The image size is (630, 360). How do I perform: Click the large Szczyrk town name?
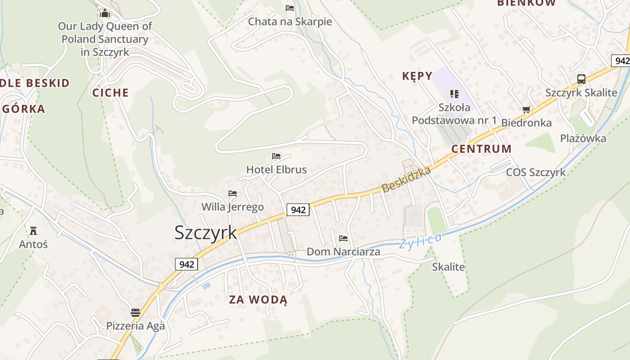pos(205,232)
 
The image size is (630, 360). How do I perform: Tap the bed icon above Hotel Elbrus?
pos(276,156)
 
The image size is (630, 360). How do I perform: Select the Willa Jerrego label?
pos(232,207)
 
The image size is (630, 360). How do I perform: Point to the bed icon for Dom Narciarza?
pos(343,238)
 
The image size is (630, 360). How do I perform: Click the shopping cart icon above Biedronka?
pos(526,109)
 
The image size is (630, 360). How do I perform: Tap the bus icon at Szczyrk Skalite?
pos(581,79)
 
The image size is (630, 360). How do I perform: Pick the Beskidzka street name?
pos(406,179)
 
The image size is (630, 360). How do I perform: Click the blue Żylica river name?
pos(420,241)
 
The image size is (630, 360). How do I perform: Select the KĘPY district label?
pos(417,76)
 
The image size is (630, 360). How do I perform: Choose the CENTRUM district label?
pos(481,149)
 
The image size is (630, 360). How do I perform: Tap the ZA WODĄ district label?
pos(258,300)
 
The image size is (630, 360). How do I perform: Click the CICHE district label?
pos(110,93)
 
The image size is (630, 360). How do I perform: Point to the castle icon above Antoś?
pos(33,231)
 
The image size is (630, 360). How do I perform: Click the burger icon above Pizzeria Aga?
pos(135,312)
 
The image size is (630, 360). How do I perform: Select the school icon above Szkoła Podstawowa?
pos(454,94)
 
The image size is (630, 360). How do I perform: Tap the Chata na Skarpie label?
pos(290,22)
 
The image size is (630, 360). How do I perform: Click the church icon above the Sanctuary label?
pos(105,13)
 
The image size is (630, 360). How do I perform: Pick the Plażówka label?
pos(583,139)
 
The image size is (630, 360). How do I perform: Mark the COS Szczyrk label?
pos(535,172)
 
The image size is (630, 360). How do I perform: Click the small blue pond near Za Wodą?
pos(206,285)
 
